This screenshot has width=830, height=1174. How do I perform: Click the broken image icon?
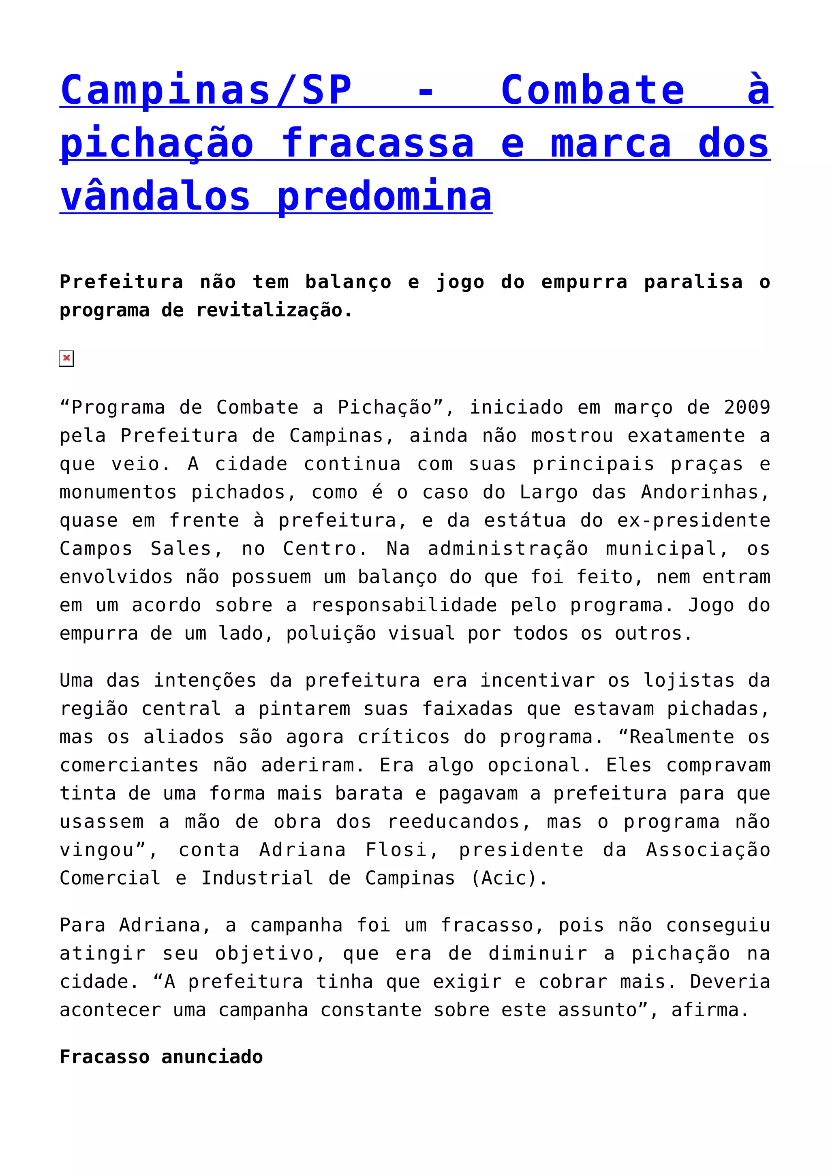coord(66,358)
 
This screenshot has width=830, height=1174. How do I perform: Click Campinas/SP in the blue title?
coord(206,90)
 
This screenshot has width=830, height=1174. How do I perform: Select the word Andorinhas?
coord(705,493)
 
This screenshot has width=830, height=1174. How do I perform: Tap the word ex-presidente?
coord(693,521)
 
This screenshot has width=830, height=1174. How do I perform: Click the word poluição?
coord(331,634)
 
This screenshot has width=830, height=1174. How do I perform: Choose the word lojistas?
coord(689,681)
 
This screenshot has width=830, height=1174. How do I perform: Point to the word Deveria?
coord(730,982)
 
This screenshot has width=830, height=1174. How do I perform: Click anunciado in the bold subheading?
coord(212,1057)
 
